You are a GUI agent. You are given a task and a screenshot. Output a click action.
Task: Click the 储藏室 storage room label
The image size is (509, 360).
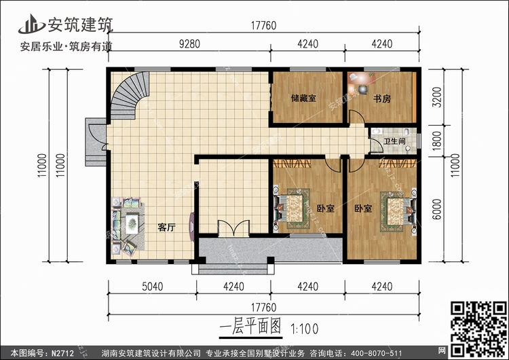pyautogui.click(x=303, y=98)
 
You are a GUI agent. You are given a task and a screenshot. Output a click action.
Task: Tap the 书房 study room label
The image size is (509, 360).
pyautogui.click(x=381, y=98)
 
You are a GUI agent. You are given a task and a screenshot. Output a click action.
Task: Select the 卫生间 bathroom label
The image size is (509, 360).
pyautogui.click(x=394, y=141)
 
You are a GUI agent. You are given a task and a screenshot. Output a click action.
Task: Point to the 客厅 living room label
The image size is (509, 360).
pyautogui.click(x=167, y=228)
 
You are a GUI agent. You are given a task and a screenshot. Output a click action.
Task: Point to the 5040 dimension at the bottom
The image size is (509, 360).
pyautogui.click(x=151, y=286)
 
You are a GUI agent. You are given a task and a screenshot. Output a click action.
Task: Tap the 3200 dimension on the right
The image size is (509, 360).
pyautogui.click(x=437, y=97)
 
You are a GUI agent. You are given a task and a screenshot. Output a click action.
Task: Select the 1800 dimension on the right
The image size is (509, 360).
pyautogui.click(x=437, y=141)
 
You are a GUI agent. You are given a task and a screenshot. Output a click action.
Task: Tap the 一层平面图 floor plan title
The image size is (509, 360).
pyautogui.click(x=250, y=327)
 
